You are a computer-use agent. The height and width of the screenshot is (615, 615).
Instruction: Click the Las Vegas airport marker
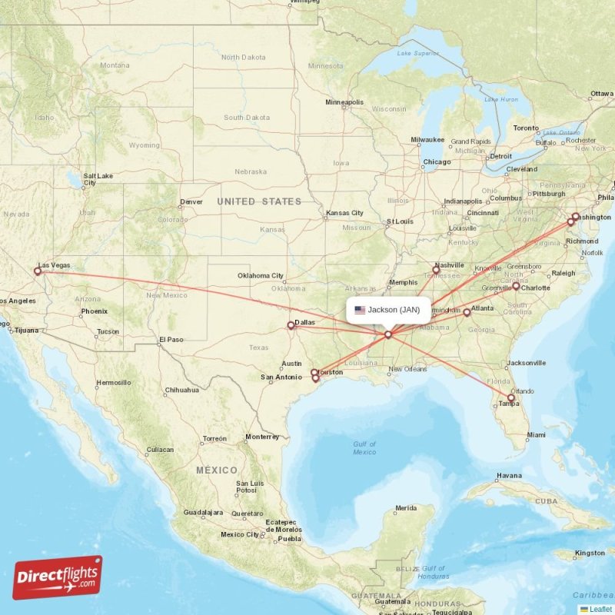pos(37,271)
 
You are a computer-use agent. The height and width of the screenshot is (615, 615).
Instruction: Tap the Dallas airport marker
pos(291,324)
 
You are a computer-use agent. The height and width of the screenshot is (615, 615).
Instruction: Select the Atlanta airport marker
pos(467,312)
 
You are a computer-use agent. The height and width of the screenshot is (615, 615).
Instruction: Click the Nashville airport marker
pos(436,270)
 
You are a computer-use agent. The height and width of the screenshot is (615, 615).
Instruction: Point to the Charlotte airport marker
pos(516,285)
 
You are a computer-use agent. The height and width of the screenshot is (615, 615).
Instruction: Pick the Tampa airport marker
pos(511,397)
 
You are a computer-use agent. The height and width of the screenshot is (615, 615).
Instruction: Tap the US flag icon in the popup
pos(360,310)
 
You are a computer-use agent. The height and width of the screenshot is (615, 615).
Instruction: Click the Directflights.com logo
pos(58,577)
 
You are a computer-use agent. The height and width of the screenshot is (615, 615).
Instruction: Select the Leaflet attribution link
pos(600,609)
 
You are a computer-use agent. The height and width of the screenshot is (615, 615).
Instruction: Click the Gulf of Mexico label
pos(364,448)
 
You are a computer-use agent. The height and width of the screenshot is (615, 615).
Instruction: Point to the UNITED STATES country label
pos(259,201)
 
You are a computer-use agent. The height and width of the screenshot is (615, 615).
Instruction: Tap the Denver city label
pos(191,203)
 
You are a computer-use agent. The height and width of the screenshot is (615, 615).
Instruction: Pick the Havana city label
pos(509,475)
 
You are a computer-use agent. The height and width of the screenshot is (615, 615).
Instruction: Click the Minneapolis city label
pos(344,102)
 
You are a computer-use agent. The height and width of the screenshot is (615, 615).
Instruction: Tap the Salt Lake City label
pos(98,179)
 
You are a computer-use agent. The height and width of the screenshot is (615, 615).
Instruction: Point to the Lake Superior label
pos(416,53)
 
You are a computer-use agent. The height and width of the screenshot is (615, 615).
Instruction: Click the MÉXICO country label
pos(216,470)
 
